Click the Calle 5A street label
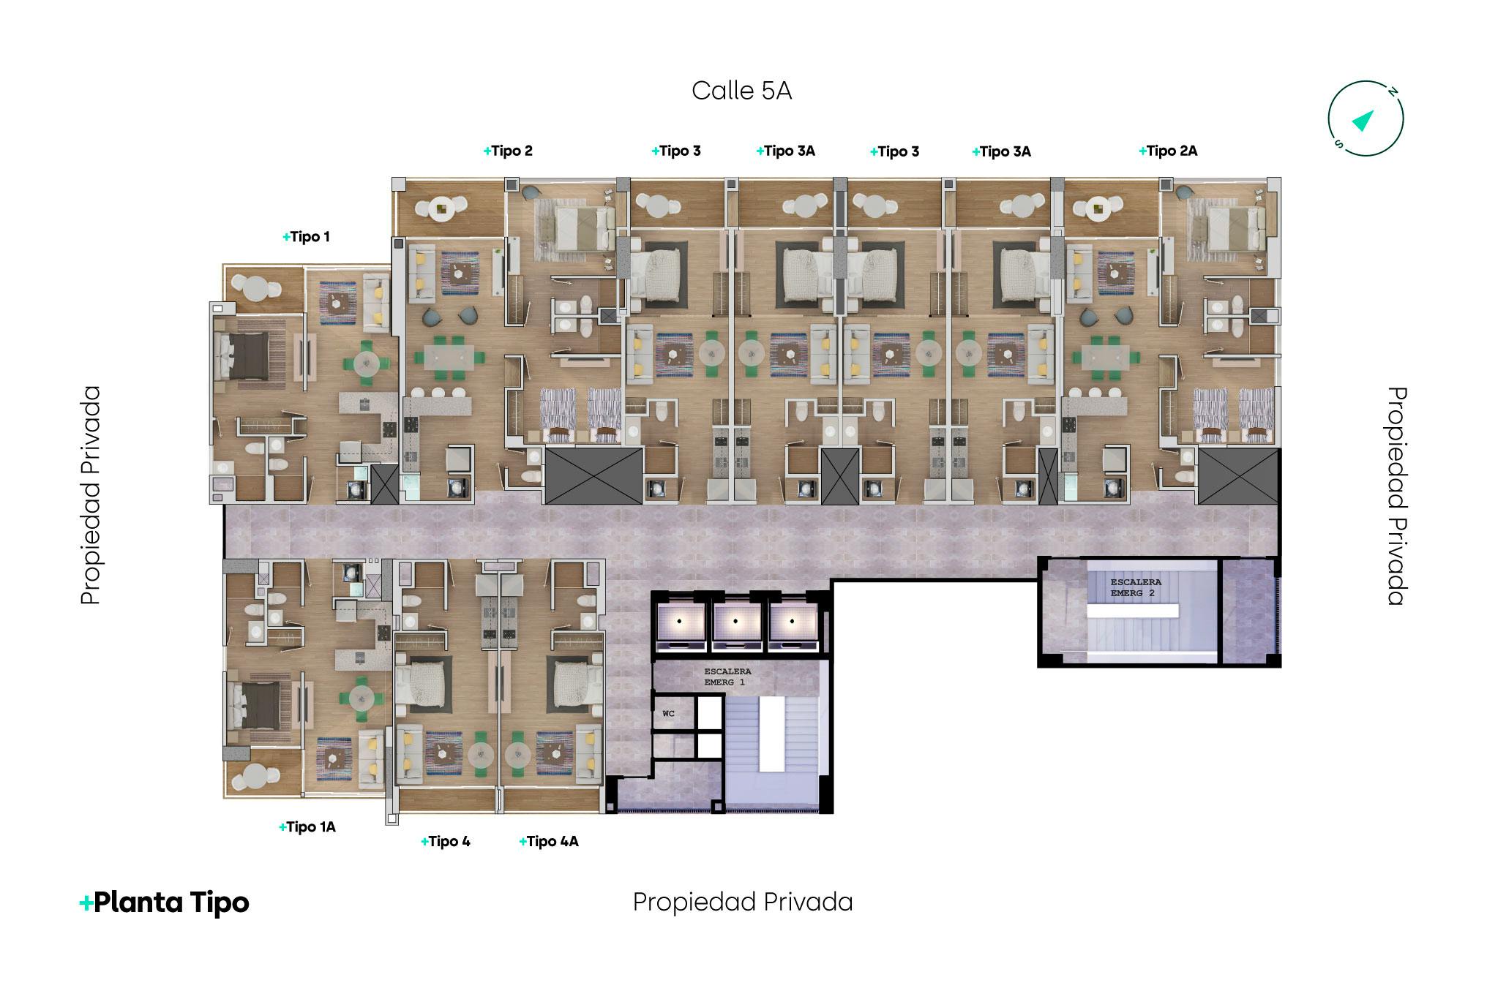pyautogui.click(x=741, y=91)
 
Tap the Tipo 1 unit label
pyautogui.click(x=306, y=237)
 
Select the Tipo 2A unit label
pyautogui.click(x=1168, y=151)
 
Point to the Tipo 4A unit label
pyautogui.click(x=549, y=842)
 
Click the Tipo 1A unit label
pyautogui.click(x=307, y=827)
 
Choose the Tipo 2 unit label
pyautogui.click(x=508, y=151)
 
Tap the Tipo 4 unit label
pyautogui.click(x=446, y=842)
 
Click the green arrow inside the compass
pyautogui.click(x=1363, y=120)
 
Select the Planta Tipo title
pyautogui.click(x=164, y=903)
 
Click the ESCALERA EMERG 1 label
pyautogui.click(x=727, y=677)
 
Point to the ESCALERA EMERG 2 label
pyautogui.click(x=1135, y=587)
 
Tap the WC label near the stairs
pyautogui.click(x=668, y=713)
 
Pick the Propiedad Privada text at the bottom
pyautogui.click(x=743, y=903)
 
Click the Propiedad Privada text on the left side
pyautogui.click(x=91, y=496)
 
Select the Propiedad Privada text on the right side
pyautogui.click(x=1397, y=496)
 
